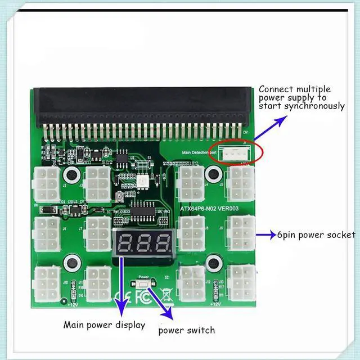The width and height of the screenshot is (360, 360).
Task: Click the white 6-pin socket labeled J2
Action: point(47,184)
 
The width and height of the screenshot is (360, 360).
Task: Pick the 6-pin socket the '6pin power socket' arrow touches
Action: point(241,233)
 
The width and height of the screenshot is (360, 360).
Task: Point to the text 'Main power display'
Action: point(104,325)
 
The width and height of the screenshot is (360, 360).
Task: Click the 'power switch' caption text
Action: point(187,330)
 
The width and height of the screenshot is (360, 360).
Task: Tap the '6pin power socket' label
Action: point(316,235)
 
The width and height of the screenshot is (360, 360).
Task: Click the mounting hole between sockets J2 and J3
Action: point(71,174)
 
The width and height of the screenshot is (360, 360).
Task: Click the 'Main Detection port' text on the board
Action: point(195,152)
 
